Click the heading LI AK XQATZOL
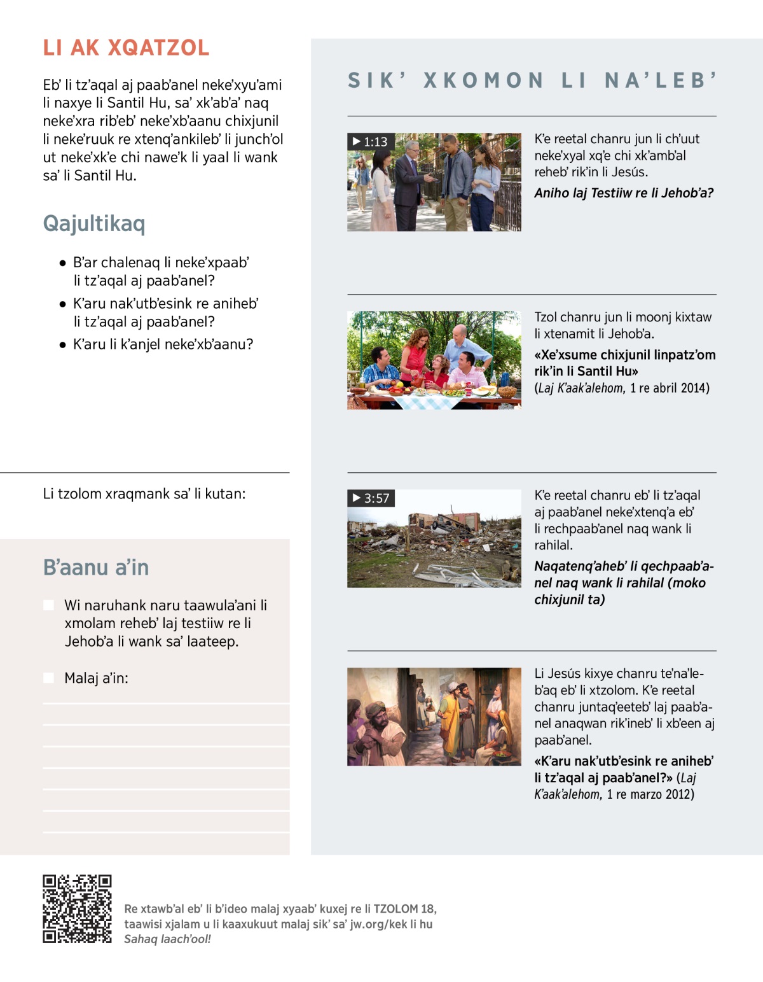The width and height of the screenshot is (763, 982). click(x=126, y=48)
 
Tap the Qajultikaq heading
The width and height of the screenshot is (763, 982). click(x=94, y=223)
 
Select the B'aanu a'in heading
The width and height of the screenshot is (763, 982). click(x=96, y=567)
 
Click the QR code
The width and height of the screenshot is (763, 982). click(x=77, y=909)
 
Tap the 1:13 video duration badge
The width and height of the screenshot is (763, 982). click(x=371, y=141)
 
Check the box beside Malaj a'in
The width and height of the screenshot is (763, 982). click(x=48, y=678)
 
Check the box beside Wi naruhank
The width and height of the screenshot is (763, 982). click(x=48, y=605)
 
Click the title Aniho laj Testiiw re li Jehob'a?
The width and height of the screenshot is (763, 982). click(x=624, y=193)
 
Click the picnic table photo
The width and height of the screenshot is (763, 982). click(x=434, y=360)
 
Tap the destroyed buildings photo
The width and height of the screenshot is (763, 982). click(x=434, y=538)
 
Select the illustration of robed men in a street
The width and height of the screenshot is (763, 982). click(x=434, y=717)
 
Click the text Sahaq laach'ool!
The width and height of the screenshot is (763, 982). click(x=167, y=939)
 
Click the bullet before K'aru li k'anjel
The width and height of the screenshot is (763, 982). click(x=62, y=345)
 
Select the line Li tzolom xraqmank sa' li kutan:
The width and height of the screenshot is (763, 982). click(x=144, y=494)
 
